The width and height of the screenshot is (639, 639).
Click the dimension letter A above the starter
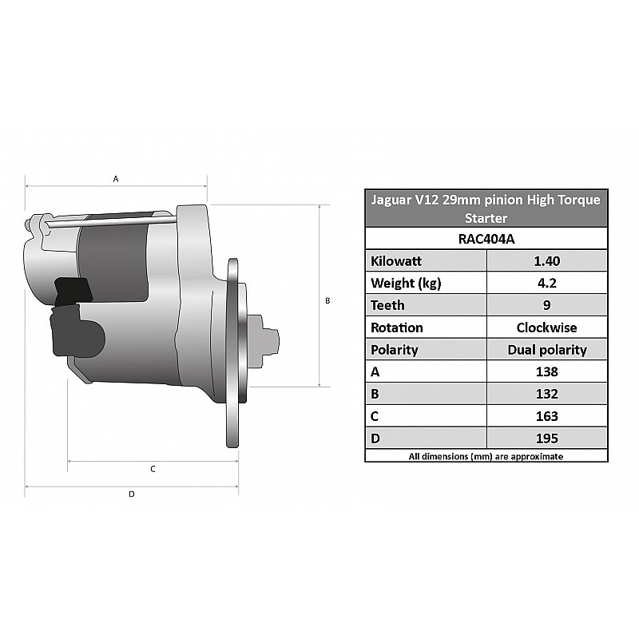(116, 179)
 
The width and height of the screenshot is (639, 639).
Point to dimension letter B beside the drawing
(327, 301)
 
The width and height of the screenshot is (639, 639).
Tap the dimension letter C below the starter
(153, 469)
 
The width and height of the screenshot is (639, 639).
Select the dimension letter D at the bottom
(132, 494)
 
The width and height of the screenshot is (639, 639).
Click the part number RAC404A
(486, 239)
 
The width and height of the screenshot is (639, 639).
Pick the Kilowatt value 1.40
(547, 261)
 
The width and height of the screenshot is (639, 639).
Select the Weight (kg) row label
(406, 284)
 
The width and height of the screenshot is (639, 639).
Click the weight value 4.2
(547, 283)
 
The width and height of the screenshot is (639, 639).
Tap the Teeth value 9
(547, 305)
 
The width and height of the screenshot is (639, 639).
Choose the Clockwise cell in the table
(547, 327)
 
